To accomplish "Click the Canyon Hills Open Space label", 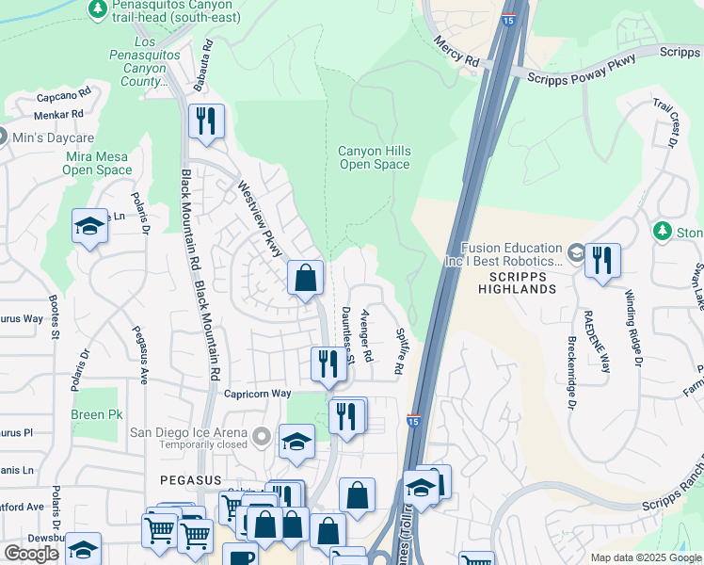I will point(374,157).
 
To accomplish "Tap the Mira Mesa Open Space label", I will point(97,163).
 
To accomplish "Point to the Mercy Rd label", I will point(457,52).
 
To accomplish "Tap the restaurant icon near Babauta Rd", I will point(206,121).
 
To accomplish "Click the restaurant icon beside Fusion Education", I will point(602,259).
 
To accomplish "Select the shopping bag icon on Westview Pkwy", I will point(305,277).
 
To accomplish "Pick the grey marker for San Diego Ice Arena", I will point(262,435).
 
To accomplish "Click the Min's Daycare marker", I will point(3,137).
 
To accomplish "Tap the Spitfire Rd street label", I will point(399,350).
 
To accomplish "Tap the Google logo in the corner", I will point(32,554).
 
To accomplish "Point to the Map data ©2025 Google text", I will point(645,557).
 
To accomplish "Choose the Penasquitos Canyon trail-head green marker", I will point(97,8).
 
